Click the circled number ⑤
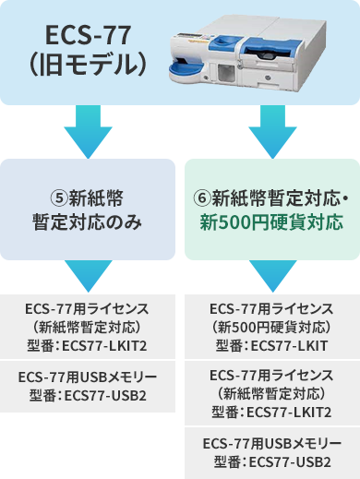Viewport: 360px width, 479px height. click(x=58, y=198)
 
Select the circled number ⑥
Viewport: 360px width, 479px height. click(x=202, y=198)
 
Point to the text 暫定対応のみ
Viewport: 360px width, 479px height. click(x=88, y=222)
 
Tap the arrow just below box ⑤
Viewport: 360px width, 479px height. click(x=88, y=274)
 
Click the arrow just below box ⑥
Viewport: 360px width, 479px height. click(x=270, y=274)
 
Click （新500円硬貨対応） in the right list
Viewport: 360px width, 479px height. click(x=271, y=327)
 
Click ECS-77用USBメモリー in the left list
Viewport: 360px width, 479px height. click(x=88, y=378)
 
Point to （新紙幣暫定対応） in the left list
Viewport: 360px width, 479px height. click(x=88, y=327)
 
